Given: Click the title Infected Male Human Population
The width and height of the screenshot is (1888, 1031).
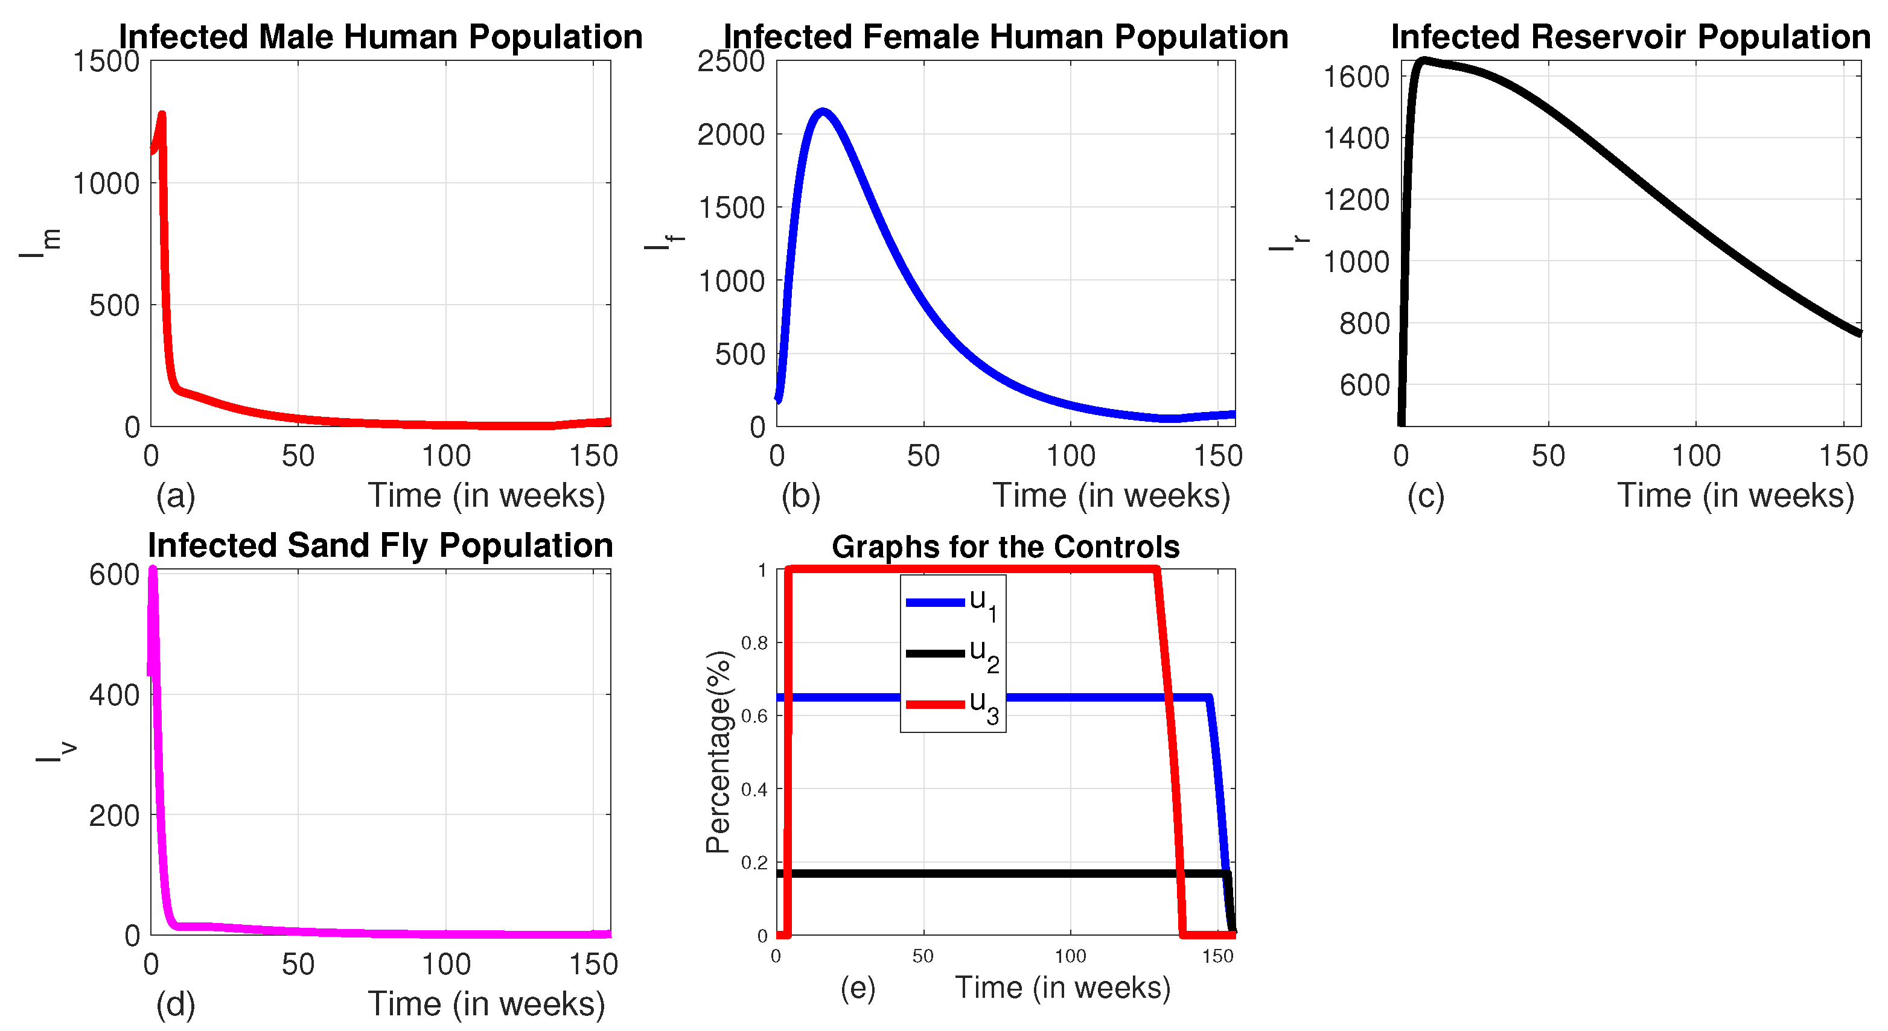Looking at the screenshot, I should (380, 37).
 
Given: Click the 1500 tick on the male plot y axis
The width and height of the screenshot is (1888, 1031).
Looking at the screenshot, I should (106, 62).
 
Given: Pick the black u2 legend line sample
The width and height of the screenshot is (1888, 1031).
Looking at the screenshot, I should (934, 653).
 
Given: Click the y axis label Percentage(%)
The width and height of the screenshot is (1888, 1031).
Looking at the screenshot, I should (718, 752).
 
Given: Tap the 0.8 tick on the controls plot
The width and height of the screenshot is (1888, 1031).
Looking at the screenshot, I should (754, 643).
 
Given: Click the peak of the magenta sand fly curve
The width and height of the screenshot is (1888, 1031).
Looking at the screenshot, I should (153, 570).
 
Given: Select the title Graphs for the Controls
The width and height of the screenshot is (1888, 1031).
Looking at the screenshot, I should (1005, 547).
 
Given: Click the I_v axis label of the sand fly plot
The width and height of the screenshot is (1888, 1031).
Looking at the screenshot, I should (54, 752).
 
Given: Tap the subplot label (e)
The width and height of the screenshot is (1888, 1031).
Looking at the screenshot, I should (858, 988).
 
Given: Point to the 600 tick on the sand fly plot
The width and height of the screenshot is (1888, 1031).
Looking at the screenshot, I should (113, 575).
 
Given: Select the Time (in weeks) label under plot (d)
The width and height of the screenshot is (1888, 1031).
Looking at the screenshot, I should (486, 1004).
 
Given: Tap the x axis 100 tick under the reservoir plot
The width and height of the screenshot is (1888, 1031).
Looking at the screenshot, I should (1695, 457).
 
